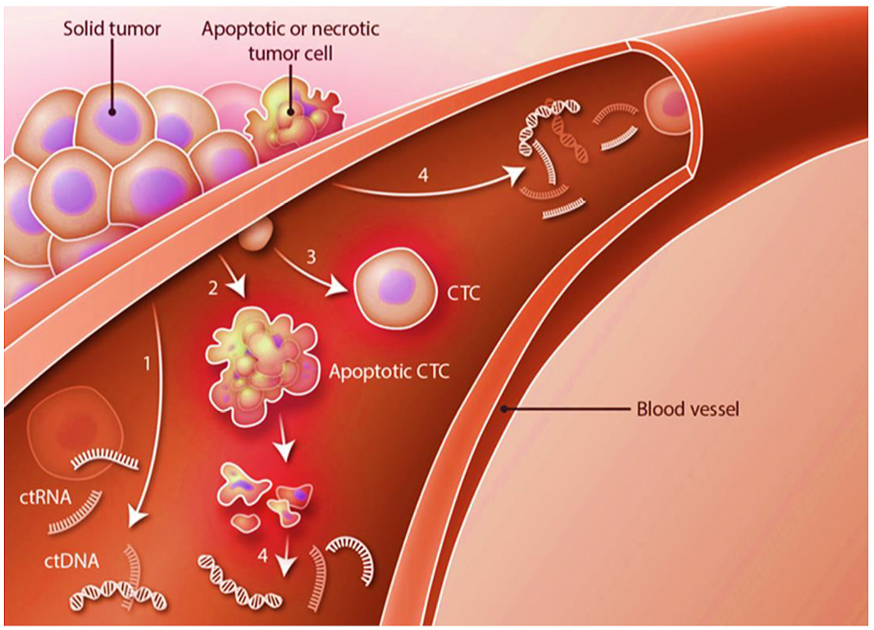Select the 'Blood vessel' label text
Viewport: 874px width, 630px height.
(688, 408)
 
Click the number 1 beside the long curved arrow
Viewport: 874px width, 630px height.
(148, 362)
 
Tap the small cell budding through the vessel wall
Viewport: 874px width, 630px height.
(257, 237)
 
